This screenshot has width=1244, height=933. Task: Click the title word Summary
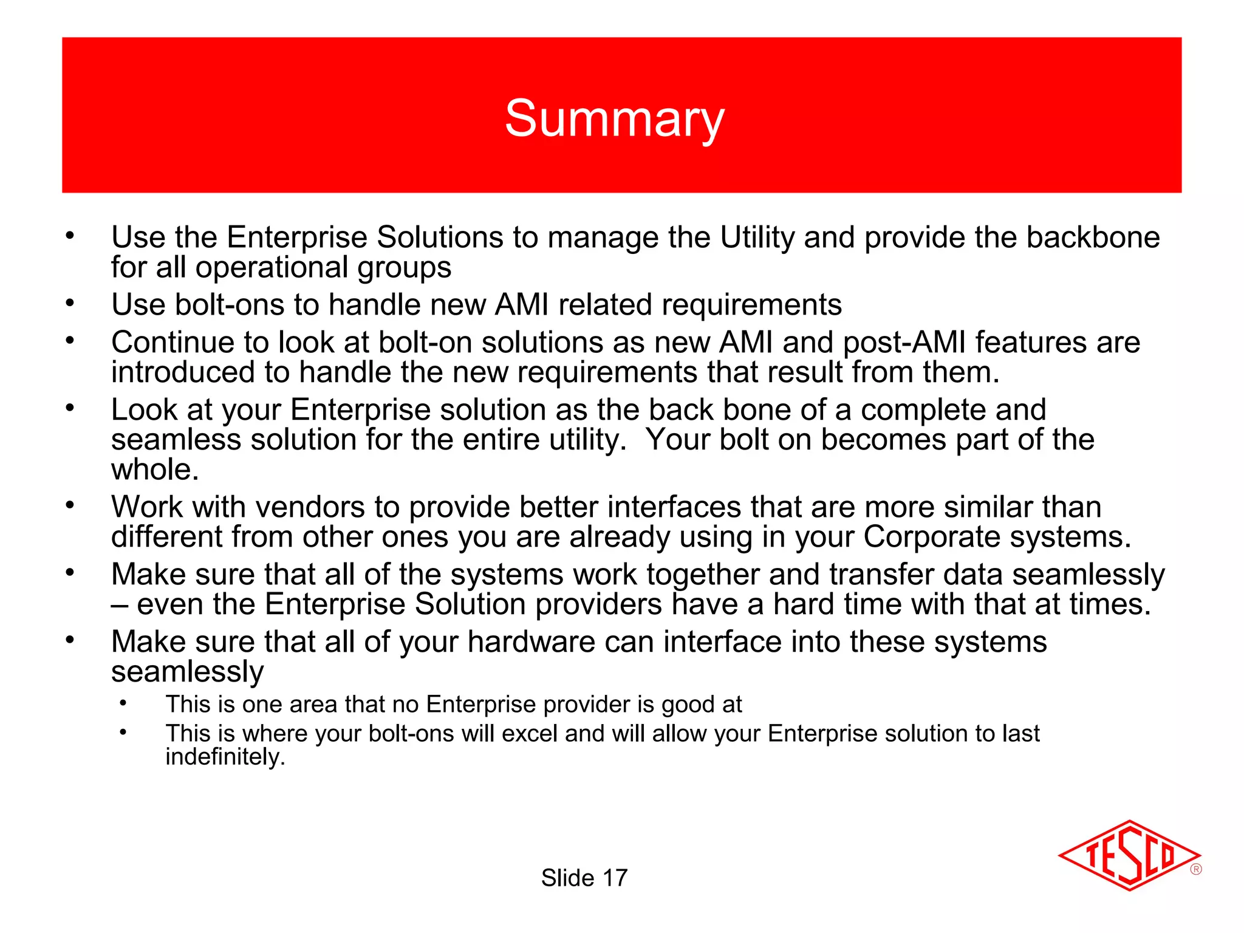tap(614, 118)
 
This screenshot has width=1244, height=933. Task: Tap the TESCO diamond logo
tap(1129, 856)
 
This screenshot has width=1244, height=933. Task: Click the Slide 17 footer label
tap(584, 878)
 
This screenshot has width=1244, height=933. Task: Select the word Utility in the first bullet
tap(757, 237)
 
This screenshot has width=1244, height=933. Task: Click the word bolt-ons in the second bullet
tap(229, 304)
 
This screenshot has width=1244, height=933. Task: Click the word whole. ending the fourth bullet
tap(155, 469)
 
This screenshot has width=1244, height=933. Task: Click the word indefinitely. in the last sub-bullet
tap(225, 756)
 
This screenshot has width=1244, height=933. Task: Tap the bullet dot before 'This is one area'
tap(123, 703)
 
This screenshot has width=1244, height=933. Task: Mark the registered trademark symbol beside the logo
tap(1195, 869)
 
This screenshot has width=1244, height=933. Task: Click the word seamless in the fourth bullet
tap(176, 439)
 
